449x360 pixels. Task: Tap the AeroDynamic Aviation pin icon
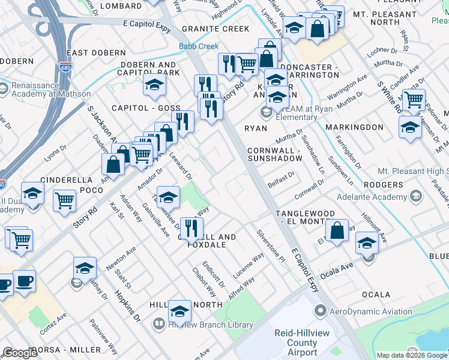pos(321,311)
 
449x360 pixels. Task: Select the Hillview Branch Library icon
pos(159,325)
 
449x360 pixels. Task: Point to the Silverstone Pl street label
pos(271,246)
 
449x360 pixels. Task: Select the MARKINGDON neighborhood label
pos(354,127)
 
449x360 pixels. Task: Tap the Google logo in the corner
pos(20,353)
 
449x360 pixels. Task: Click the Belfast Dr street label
pos(282,179)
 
